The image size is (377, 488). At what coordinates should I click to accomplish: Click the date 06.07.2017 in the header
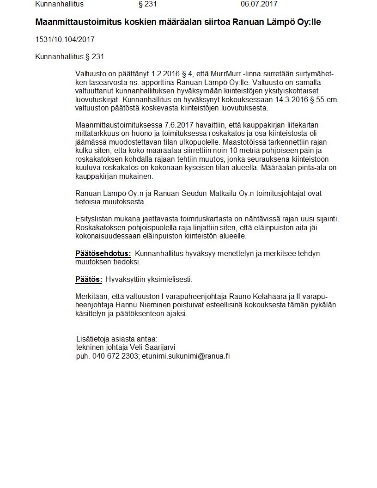(x=259, y=4)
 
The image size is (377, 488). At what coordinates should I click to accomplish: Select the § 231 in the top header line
(x=147, y=4)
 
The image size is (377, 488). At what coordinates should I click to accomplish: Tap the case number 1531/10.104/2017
(x=65, y=40)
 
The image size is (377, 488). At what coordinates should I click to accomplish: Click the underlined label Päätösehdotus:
(x=103, y=254)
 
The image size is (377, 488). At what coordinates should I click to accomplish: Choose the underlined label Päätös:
(x=89, y=280)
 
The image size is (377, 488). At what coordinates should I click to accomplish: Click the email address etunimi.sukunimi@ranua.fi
(x=186, y=356)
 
